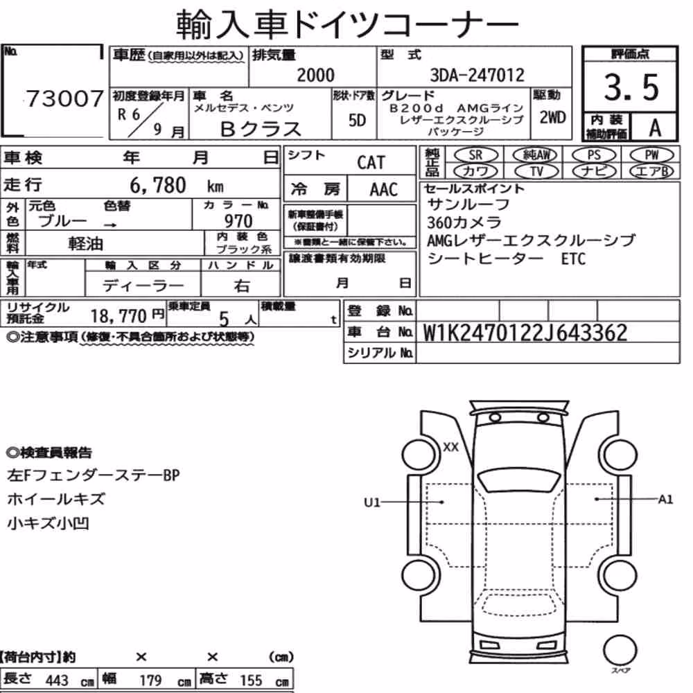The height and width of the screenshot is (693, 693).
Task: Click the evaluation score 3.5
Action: coord(631,87)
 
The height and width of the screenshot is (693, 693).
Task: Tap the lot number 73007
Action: coord(65,98)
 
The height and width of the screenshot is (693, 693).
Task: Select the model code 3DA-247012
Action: coord(477,76)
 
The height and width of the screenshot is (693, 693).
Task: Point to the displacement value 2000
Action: coord(315,75)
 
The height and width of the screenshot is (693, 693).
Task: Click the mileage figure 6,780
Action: coord(158,185)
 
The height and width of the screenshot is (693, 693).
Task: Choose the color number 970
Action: coord(238,220)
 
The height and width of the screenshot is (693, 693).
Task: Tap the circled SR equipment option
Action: coord(476,155)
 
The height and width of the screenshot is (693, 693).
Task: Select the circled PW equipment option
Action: coord(652,155)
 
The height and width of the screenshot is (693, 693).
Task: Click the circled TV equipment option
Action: coord(536,171)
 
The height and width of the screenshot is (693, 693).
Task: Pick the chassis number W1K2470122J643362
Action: coord(525,333)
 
